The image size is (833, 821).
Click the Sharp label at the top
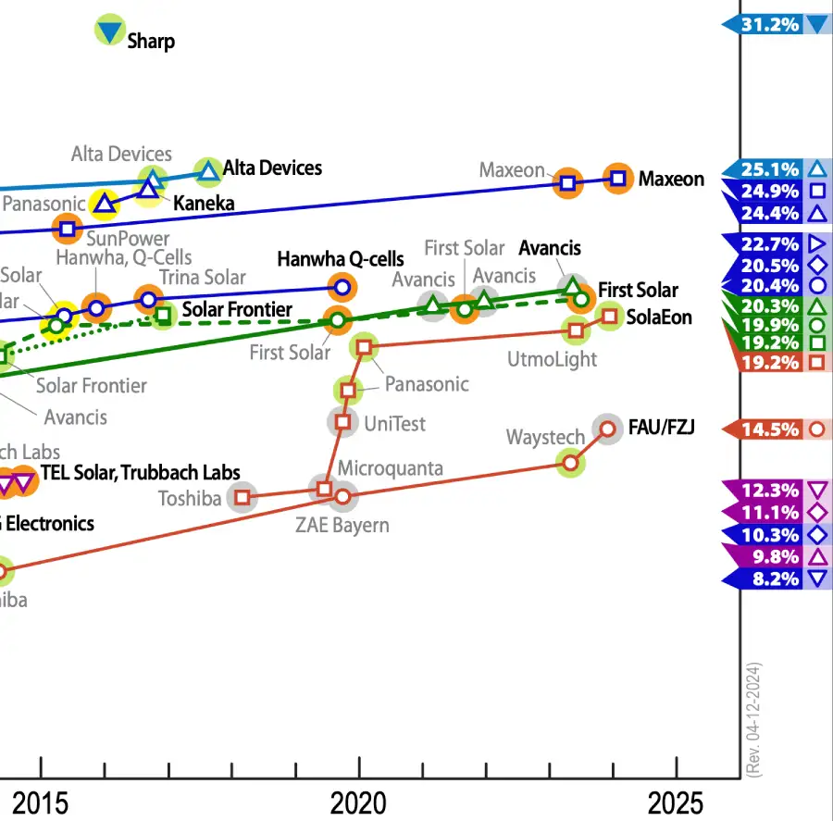pos(150,41)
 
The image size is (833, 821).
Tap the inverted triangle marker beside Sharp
pos(110,31)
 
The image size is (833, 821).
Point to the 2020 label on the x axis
pos(359,803)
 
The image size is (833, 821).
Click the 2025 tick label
pos(677,803)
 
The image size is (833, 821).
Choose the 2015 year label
pos(40,803)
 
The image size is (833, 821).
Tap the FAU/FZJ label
pos(661,427)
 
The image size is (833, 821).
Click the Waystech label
pos(545,437)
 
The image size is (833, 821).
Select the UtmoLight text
pos(553,359)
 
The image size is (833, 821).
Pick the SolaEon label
pos(659,317)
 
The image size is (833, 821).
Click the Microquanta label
pos(390,468)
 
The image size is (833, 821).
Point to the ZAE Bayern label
pos(342,525)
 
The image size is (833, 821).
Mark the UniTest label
pos(394,423)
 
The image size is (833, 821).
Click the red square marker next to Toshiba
pos(242,497)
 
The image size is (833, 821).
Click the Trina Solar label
pos(202,277)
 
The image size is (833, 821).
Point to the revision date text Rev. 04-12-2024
pos(755,718)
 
